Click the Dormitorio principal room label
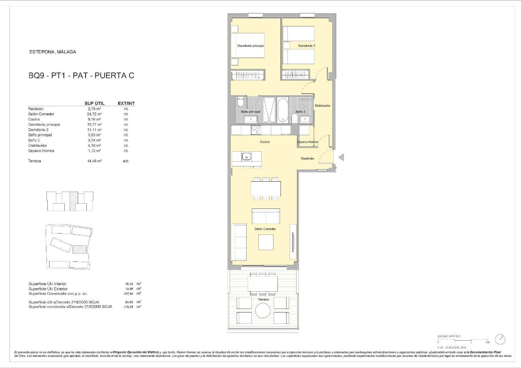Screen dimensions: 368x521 pos(251,46)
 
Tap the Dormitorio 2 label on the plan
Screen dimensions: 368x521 pos(307,46)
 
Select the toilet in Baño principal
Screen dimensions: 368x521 pos(241,102)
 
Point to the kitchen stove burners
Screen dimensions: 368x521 pos(256,130)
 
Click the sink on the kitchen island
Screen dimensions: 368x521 pos(247,156)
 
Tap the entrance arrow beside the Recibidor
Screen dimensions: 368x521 pos(341,157)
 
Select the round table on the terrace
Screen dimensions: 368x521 pos(263,310)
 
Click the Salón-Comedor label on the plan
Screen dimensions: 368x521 pos(265,229)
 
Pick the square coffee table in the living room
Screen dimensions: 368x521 pos(266,242)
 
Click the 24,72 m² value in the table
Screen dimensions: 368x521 pos(94,114)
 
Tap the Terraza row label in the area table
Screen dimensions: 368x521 pos(35,161)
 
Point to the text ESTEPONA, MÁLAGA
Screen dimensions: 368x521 pos(53,52)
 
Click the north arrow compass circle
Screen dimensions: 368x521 pos(501,339)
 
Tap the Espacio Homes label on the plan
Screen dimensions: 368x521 pos(307,142)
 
